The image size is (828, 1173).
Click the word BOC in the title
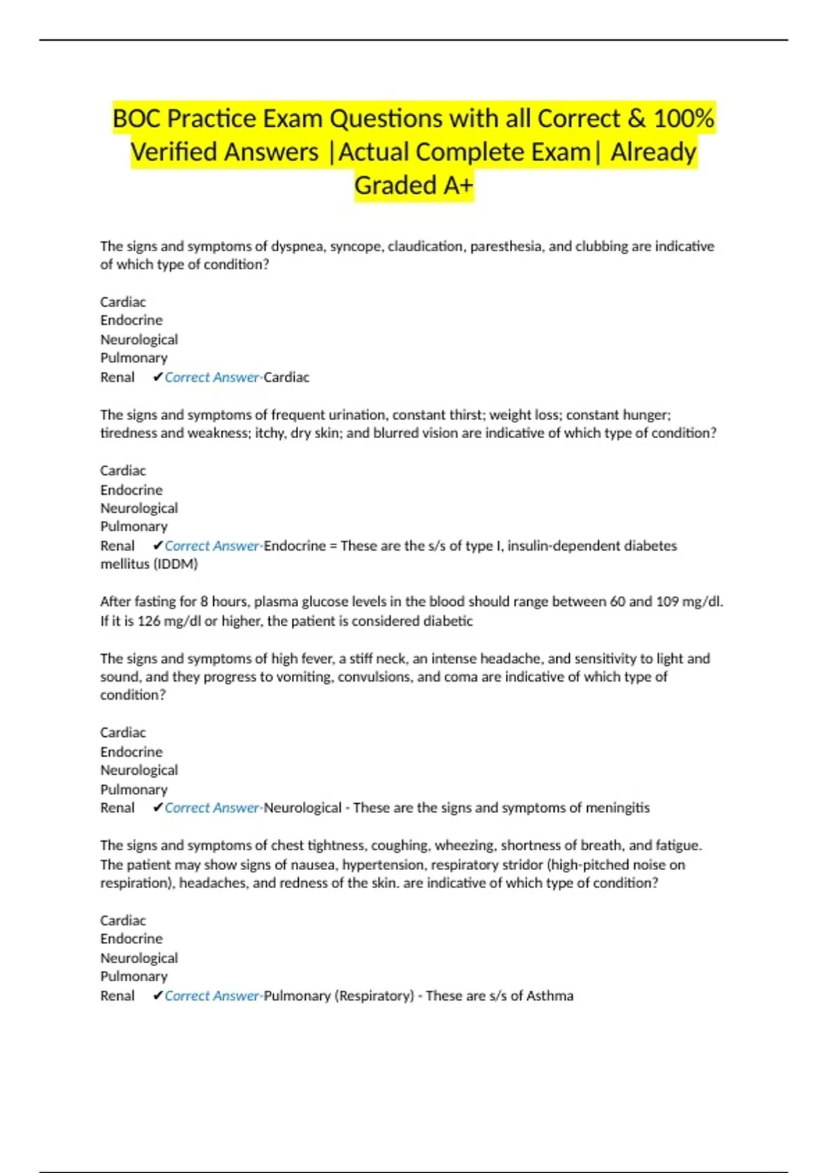137,119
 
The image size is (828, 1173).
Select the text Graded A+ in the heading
414,185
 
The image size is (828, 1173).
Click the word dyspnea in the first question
297,246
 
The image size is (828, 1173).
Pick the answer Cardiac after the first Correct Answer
286,377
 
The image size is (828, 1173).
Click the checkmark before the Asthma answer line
158,996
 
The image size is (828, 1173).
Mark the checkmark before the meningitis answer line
158,807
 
